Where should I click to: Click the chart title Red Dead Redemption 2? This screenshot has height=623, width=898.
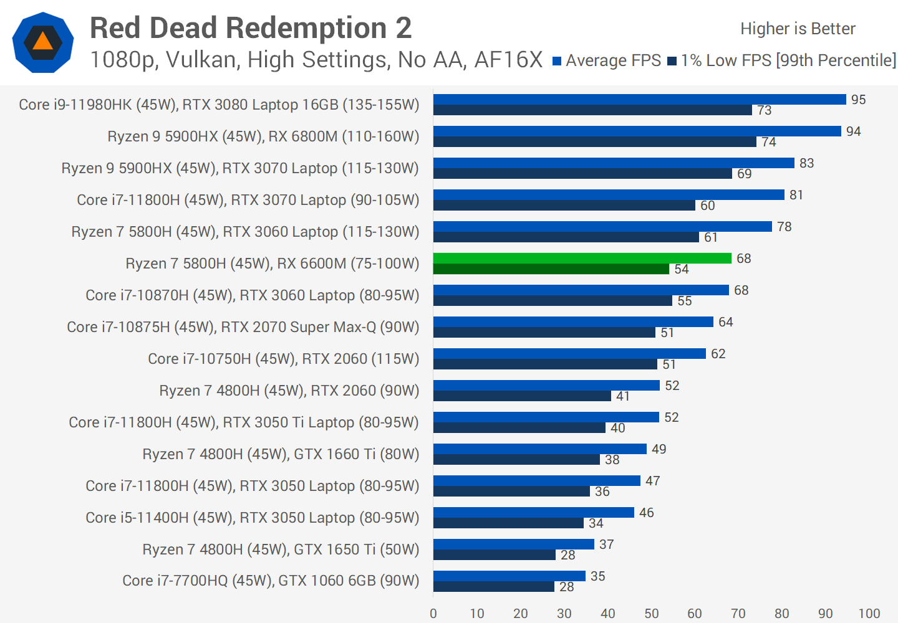pyautogui.click(x=251, y=29)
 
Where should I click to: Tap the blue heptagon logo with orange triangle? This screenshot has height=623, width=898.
pyautogui.click(x=43, y=42)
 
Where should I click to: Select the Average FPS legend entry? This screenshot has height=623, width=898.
pyautogui.click(x=606, y=60)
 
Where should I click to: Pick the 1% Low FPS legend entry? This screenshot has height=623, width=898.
pyautogui.click(x=781, y=60)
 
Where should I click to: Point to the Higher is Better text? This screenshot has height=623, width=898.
pyautogui.click(x=798, y=29)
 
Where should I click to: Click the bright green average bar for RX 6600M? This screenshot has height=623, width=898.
pyautogui.click(x=582, y=258)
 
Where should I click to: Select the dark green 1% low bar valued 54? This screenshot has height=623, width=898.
pyautogui.click(x=551, y=269)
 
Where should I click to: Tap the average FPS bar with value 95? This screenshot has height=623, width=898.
pyautogui.click(x=639, y=100)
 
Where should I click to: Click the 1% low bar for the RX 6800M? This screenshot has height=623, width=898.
pyautogui.click(x=594, y=142)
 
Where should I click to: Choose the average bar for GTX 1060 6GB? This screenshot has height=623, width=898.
pyautogui.click(x=509, y=576)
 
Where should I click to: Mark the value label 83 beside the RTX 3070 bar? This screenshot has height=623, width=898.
pyautogui.click(x=806, y=163)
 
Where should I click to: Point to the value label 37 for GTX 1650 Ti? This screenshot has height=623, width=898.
pyautogui.click(x=606, y=545)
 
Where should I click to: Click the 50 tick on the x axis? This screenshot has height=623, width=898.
pyautogui.click(x=651, y=614)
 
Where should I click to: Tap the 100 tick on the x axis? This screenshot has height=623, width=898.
pyautogui.click(x=869, y=614)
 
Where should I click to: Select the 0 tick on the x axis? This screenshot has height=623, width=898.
pyautogui.click(x=433, y=614)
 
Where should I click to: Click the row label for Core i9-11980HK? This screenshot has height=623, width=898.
pyautogui.click(x=219, y=105)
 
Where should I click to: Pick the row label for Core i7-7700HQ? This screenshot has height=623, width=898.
pyautogui.click(x=271, y=581)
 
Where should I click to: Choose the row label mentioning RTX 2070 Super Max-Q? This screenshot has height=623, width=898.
pyautogui.click(x=243, y=327)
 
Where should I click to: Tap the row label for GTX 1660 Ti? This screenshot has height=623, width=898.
pyautogui.click(x=281, y=454)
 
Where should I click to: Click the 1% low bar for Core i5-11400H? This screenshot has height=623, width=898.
pyautogui.click(x=508, y=523)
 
